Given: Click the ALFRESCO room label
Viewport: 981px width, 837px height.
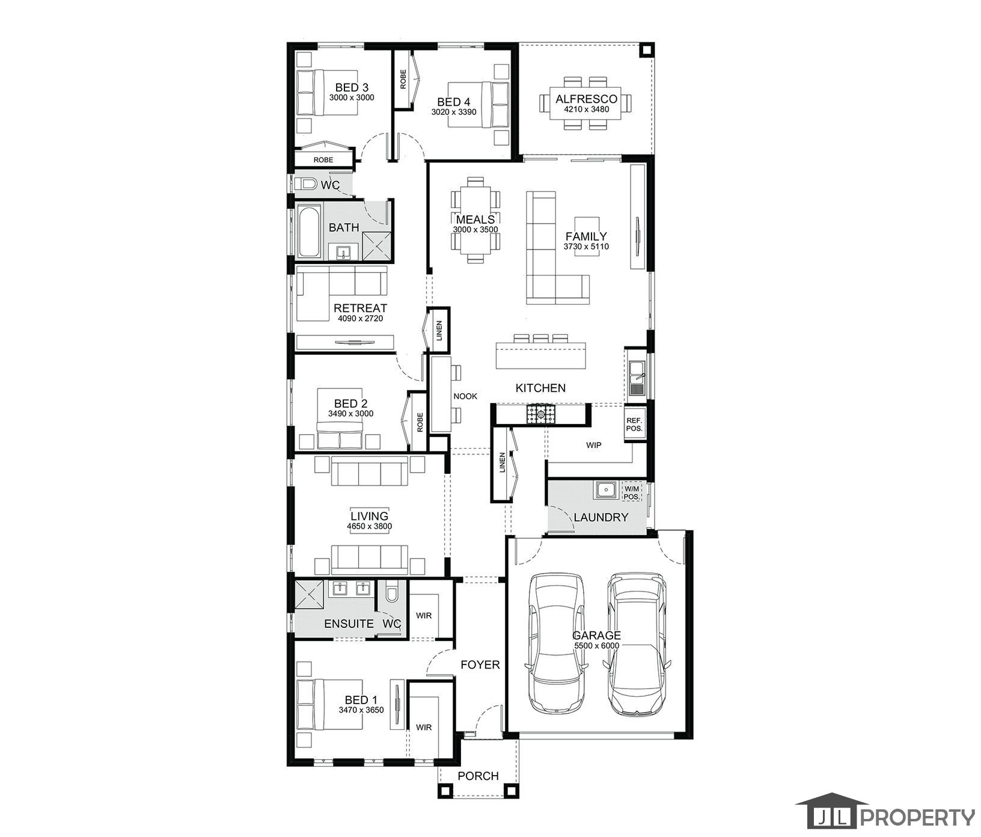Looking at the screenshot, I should tap(586, 99).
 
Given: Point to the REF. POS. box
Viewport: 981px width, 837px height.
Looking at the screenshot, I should tap(634, 425).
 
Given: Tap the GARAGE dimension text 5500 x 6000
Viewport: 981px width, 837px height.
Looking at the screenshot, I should tap(596, 646).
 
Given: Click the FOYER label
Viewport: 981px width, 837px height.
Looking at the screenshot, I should tap(480, 664).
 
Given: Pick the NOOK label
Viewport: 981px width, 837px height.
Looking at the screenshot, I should tap(465, 396).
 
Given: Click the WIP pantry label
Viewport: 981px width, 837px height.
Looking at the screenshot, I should tap(593, 446).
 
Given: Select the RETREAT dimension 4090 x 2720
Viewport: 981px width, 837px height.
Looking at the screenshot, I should tap(360, 318).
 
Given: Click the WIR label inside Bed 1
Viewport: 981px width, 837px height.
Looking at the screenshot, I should tap(424, 728).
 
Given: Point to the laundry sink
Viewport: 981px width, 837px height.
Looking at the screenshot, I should tap(605, 490).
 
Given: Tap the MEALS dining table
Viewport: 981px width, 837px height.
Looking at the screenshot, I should tap(475, 220).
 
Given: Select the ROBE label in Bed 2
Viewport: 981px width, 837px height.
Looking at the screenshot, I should tap(420, 422).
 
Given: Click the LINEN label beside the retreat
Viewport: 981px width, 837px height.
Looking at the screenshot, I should tap(439, 330).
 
